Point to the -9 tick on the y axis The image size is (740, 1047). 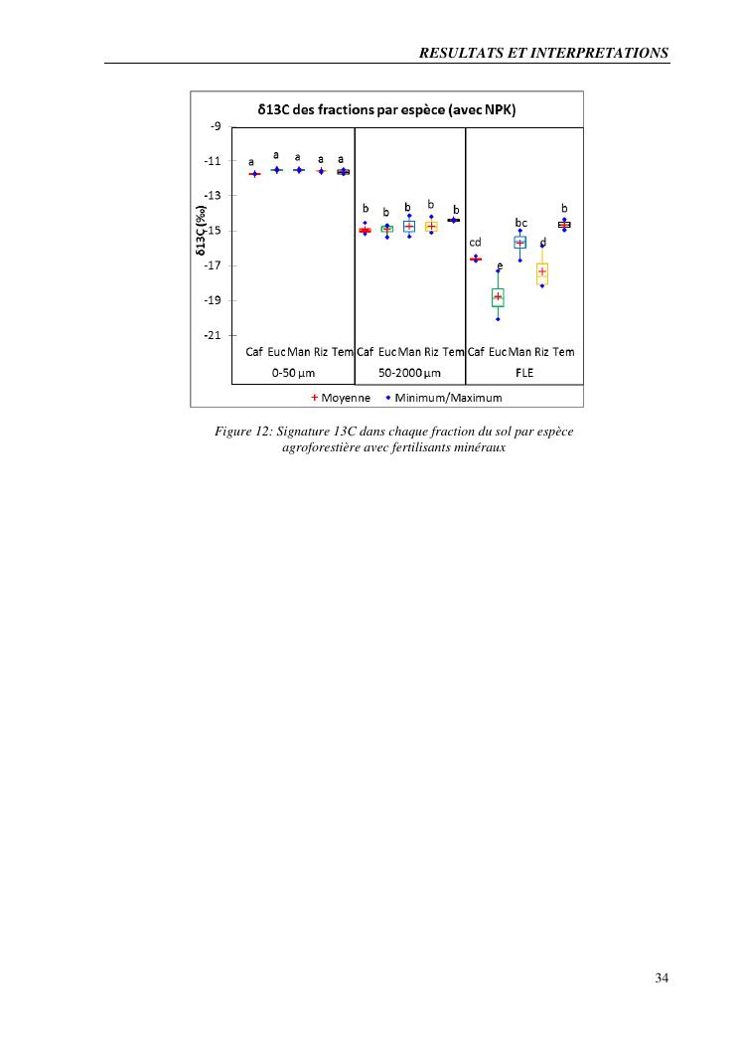tap(216, 126)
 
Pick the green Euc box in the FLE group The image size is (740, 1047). tap(498, 297)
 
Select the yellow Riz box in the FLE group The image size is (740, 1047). tap(542, 272)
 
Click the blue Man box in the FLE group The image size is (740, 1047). tap(519, 242)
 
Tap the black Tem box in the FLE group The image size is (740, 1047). tap(564, 225)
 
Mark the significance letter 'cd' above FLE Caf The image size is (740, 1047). tap(475, 242)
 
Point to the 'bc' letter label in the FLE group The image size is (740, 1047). tap(520, 222)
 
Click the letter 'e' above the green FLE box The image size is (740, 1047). tap(500, 265)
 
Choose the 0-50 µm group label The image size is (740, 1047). tap(292, 373)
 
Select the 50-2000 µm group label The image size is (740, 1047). tap(408, 373)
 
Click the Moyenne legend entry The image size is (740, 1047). tap(342, 398)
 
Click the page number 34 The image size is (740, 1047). tap(662, 977)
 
